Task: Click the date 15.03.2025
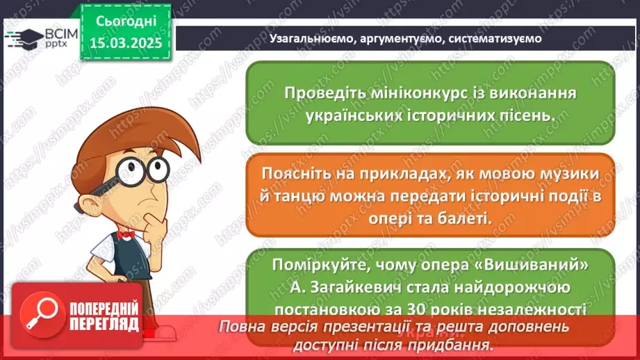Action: [x=124, y=43]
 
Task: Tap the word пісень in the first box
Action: [x=533, y=116]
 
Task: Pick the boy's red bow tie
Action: [x=125, y=234]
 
